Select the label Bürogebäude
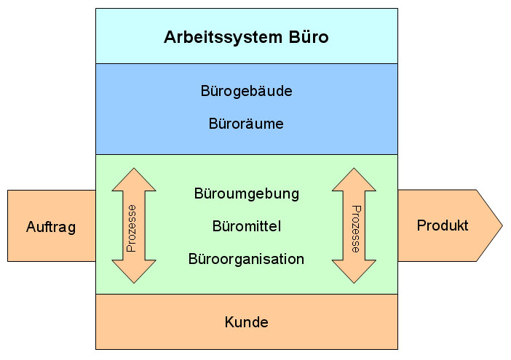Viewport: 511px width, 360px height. (x=246, y=92)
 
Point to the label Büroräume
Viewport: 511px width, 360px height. (x=246, y=124)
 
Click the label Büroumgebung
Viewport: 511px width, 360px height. (x=246, y=194)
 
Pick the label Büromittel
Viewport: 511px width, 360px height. (x=246, y=227)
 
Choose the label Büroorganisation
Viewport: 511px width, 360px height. (x=246, y=259)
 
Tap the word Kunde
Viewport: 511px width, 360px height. (x=246, y=322)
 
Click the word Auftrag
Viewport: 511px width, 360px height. (x=51, y=227)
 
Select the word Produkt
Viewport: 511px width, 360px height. (x=443, y=225)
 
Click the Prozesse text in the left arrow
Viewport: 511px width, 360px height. (x=132, y=227)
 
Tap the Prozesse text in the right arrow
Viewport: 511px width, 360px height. (x=355, y=227)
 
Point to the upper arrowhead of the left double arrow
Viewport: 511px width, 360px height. (x=134, y=180)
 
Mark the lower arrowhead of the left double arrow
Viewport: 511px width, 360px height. (x=134, y=272)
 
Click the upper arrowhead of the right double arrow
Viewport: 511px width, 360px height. (x=354, y=180)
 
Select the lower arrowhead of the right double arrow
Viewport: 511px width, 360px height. (x=354, y=272)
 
